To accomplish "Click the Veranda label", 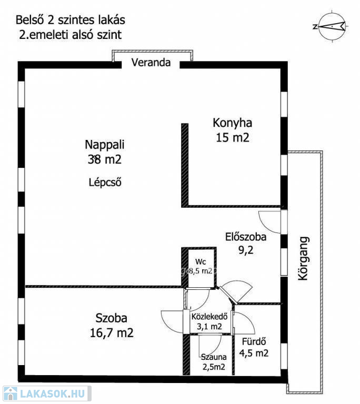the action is (x=151, y=63).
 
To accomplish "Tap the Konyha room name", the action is (x=232, y=123).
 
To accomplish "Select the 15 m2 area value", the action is (x=233, y=137).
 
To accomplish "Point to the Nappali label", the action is (x=105, y=145).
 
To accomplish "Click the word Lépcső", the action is (x=105, y=182).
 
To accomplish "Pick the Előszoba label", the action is (x=246, y=237).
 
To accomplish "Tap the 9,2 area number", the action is (x=246, y=250).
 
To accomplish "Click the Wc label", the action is (x=201, y=262).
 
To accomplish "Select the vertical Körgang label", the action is (x=303, y=258).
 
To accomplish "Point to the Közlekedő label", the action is (x=209, y=316).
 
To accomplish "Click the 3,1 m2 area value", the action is (x=209, y=327).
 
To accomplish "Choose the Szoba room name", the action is (x=112, y=318).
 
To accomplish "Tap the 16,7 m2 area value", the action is (x=112, y=333).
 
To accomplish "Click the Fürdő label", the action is (x=254, y=341).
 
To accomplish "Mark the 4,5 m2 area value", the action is (x=254, y=353).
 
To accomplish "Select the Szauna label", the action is (x=214, y=357).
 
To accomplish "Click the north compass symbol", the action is (x=331, y=26).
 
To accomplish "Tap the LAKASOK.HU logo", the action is (x=47, y=393).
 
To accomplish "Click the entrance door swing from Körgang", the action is (x=270, y=222).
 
